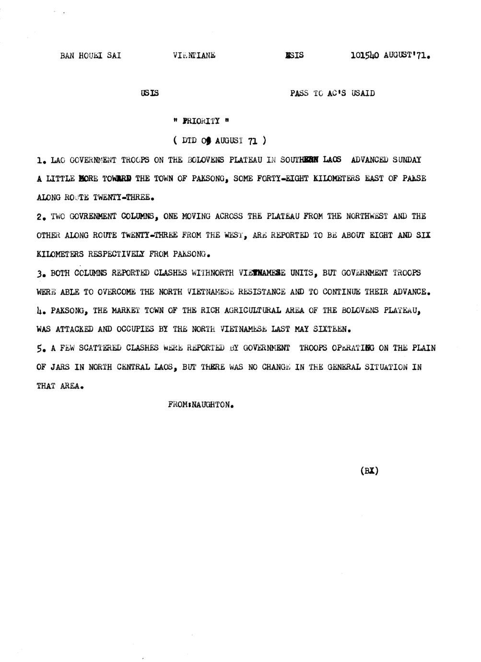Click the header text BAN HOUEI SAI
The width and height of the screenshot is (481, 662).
tap(90, 55)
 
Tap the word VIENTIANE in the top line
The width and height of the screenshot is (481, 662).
tap(194, 55)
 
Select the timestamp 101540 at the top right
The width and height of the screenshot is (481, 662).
tap(364, 55)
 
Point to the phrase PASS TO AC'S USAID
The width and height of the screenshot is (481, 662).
tap(332, 93)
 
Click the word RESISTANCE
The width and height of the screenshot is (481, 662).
tap(261, 292)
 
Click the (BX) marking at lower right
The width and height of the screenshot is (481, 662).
tap(369, 471)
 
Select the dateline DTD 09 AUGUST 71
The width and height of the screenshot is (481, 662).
tap(219, 141)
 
